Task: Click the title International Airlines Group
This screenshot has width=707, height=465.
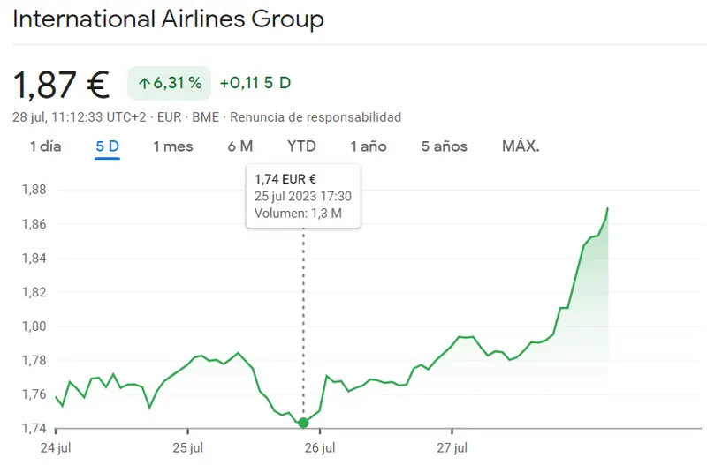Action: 168,19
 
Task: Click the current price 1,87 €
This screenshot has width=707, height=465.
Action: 61,85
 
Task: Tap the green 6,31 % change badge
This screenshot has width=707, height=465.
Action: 170,83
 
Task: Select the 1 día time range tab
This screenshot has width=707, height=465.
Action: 46,146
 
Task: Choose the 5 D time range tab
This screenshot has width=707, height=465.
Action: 107,146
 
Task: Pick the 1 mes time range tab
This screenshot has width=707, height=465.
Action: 172,146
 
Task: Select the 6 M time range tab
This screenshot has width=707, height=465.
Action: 239,146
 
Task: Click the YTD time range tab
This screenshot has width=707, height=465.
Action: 301,146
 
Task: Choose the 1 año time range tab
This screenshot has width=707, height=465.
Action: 368,146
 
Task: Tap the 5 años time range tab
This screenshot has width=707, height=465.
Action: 444,146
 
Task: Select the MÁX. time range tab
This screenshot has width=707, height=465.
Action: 521,146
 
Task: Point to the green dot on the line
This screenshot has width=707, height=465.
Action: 303,423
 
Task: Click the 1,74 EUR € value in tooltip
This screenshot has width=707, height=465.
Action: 285,179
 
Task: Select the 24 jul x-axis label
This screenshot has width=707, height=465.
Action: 56,448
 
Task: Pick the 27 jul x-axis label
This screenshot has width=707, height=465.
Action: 452,448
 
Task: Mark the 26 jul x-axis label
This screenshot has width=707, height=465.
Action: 320,448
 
